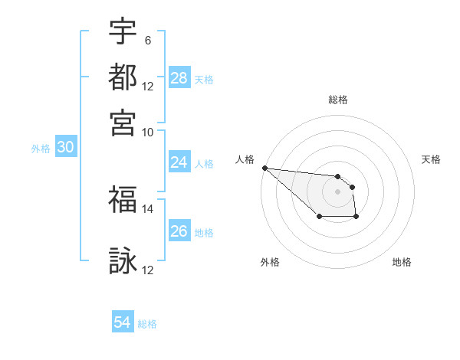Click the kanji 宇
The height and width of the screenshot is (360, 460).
[x=123, y=31]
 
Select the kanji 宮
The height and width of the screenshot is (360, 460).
[x=123, y=122]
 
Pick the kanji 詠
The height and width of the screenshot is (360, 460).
[x=123, y=261]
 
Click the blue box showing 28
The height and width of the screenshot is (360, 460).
[x=179, y=78]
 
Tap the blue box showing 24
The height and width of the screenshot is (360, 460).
[x=179, y=162]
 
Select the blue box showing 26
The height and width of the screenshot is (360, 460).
[x=179, y=231]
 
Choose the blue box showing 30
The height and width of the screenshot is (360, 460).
[x=65, y=148]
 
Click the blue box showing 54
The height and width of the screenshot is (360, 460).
[x=123, y=323]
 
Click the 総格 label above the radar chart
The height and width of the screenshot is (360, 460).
[x=338, y=100]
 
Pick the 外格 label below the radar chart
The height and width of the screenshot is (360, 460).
[x=270, y=262]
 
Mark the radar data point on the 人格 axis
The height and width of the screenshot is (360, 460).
[x=264, y=167]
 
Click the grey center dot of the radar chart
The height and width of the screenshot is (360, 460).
[x=337, y=191]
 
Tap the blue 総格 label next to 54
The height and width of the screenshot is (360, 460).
[x=147, y=324]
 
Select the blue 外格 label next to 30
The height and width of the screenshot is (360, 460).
[x=41, y=149]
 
